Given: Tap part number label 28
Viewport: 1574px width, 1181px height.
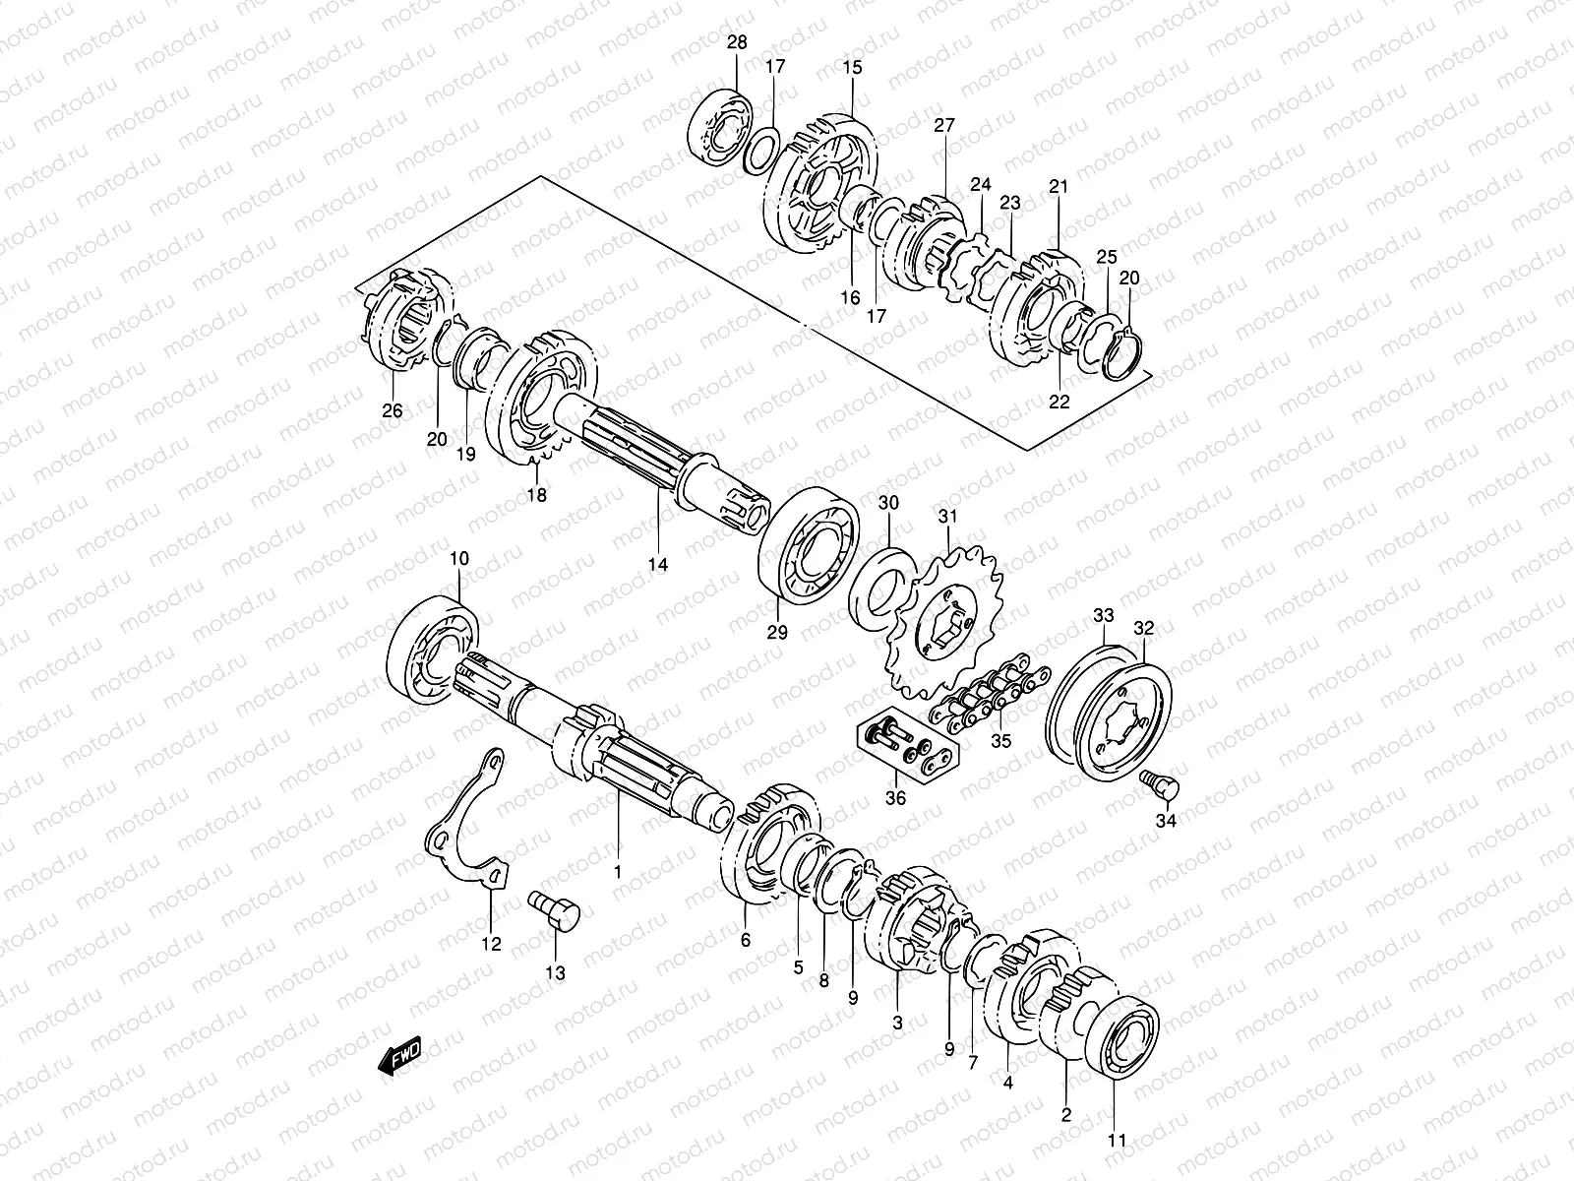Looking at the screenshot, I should pyautogui.click(x=737, y=43).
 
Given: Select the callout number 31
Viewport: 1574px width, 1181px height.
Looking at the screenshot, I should pyautogui.click(x=946, y=516).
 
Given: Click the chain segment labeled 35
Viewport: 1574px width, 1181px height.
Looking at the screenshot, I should pyautogui.click(x=989, y=695).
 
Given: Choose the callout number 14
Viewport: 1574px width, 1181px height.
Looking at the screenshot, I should pyautogui.click(x=657, y=564).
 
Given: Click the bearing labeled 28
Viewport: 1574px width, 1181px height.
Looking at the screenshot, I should pyautogui.click(x=719, y=127).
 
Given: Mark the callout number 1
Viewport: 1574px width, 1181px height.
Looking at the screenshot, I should pyautogui.click(x=618, y=872).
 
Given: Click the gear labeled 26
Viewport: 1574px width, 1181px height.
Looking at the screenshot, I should pyautogui.click(x=403, y=319).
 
